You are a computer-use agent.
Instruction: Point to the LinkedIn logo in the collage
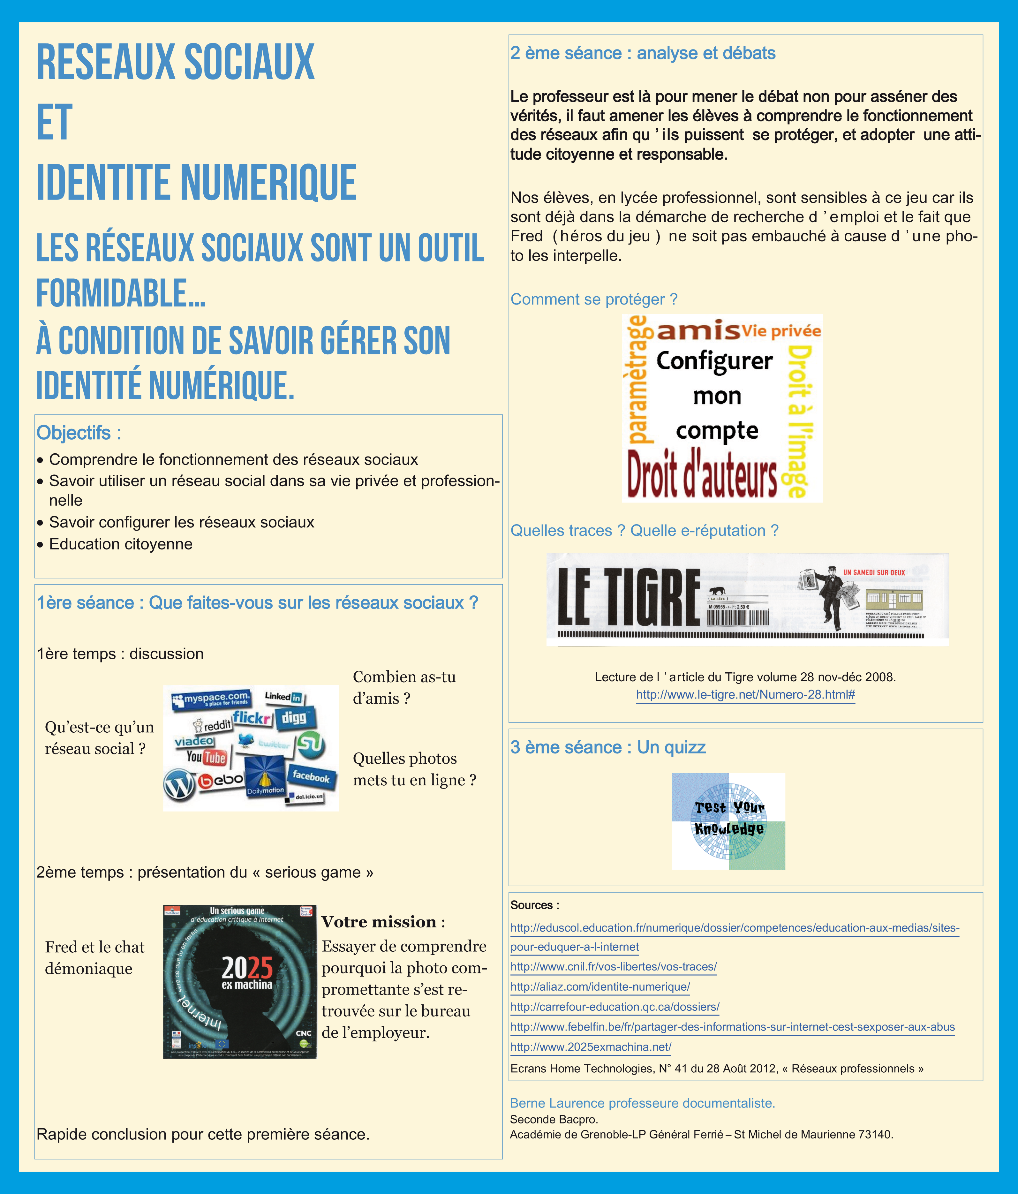coord(283,697)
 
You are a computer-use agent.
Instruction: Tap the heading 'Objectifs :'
coord(79,433)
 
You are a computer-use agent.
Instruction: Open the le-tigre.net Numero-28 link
coord(745,695)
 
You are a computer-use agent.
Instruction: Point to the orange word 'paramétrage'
coord(637,380)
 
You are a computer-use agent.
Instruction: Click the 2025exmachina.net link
coord(591,1047)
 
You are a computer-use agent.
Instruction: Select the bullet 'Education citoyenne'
coord(120,544)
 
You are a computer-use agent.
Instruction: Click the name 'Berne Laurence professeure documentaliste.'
coord(642,1103)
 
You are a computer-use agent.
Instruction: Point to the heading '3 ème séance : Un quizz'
coord(608,747)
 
